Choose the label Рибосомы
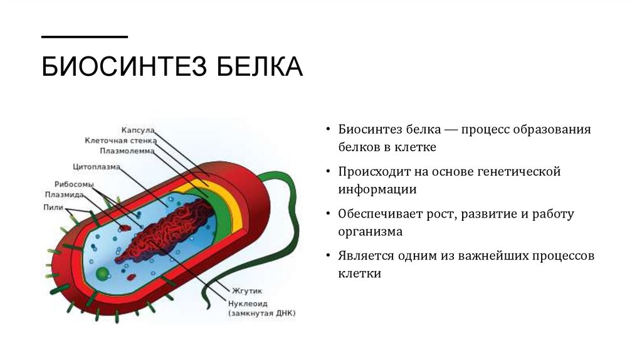[x=74, y=185]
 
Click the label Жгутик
[x=247, y=292]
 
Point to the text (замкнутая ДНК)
[x=261, y=312]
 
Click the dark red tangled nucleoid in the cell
[x=169, y=232]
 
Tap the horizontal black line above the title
[x=85, y=36]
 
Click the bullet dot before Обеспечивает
[x=329, y=214]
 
